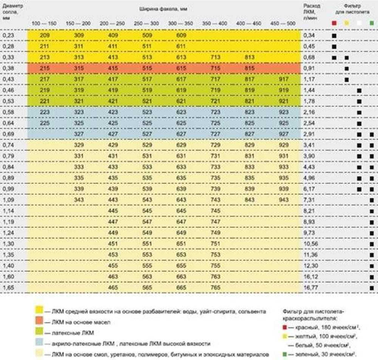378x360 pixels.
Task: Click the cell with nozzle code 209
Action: pyautogui.click(x=45, y=36)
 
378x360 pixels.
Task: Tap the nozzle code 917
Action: pyautogui.click(x=283, y=79)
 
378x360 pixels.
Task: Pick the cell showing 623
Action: pyautogui.click(x=181, y=112)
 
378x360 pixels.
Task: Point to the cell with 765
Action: pyautogui.click(x=215, y=288)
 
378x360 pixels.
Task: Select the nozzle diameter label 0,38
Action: pyautogui.click(x=8, y=69)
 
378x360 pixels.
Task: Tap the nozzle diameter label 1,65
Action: pyautogui.click(x=8, y=288)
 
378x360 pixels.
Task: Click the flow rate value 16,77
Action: pyautogui.click(x=311, y=288)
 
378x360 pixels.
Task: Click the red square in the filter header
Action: pyautogui.click(x=334, y=23)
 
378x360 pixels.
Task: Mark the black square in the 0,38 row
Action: pyautogui.click(x=347, y=69)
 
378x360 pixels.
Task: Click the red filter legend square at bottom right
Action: pyautogui.click(x=285, y=327)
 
